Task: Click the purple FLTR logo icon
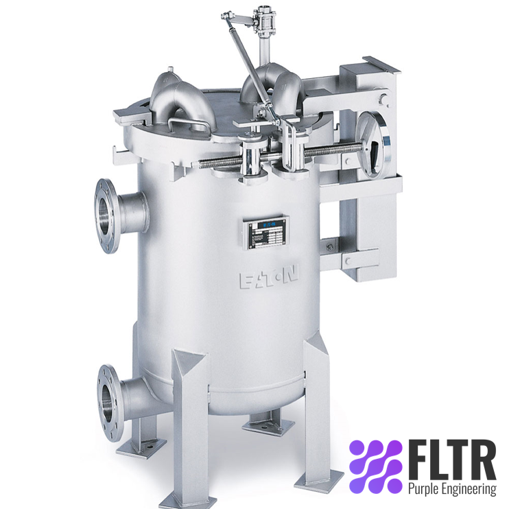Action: tap(375, 466)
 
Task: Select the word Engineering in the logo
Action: tap(470, 489)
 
